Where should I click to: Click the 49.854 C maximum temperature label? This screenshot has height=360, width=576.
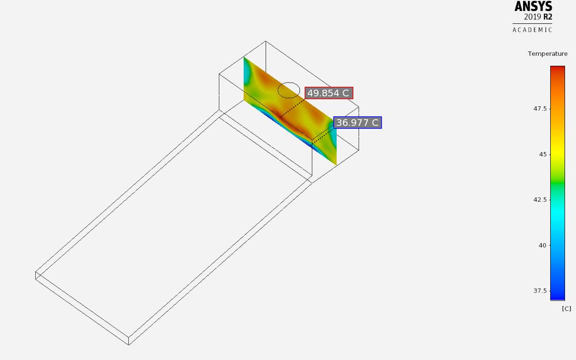tap(329, 93)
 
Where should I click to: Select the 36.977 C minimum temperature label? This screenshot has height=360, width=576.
tap(357, 122)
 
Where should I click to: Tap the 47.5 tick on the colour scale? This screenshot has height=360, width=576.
tap(540, 109)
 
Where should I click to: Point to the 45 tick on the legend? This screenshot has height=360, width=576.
tap(543, 154)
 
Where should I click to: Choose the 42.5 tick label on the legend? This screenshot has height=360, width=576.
tap(540, 200)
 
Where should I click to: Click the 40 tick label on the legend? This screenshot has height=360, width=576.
tap(542, 245)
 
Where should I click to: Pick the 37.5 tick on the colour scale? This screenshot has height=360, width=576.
tap(540, 290)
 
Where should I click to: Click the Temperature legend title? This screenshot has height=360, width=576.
tap(548, 54)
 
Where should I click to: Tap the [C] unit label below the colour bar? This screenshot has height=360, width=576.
tap(566, 309)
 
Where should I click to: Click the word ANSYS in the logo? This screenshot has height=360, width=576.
tap(533, 6)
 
